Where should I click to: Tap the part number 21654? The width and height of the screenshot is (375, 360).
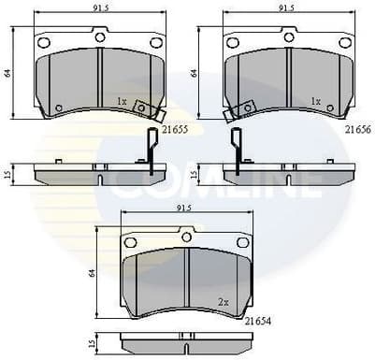258,321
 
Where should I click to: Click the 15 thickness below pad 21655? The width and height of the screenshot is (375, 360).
7,173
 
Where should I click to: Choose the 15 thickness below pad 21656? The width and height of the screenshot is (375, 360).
194,173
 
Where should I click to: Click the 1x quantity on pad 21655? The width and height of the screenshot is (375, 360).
122,99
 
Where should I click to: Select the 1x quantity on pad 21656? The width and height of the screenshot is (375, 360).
315,99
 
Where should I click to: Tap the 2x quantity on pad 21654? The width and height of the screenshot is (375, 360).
224,303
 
